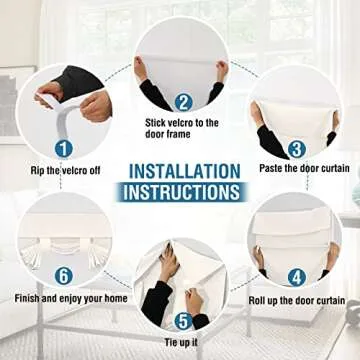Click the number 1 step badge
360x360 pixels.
pos(64,149)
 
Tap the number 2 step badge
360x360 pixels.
pos(183,102)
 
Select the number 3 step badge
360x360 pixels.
pos(297,150)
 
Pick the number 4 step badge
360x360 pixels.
pos(297,277)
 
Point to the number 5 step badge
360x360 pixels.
pos(183,322)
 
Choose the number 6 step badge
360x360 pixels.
pos(64,276)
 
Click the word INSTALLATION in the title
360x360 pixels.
pos(184,172)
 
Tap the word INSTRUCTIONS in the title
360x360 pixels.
pos(182,192)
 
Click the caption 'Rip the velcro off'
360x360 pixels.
pos(65,171)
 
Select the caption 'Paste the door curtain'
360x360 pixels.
pos(304,168)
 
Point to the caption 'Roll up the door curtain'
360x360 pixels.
pos(297,301)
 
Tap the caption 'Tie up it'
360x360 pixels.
pos(181,342)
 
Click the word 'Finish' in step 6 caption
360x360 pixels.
pos(28,298)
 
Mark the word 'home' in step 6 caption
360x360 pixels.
pos(116,298)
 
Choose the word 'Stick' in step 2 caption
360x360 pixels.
pos(156,123)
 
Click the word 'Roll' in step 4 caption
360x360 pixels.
pos(257,301)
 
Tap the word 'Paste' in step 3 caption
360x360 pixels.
pos(270,168)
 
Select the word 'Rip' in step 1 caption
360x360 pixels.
pos(37,171)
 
